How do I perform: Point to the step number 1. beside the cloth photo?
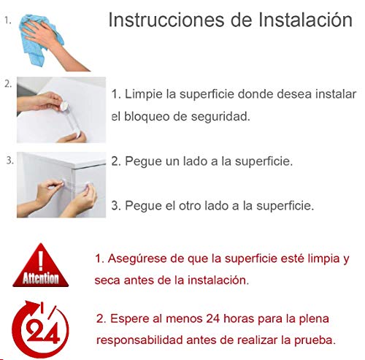tap(7, 23)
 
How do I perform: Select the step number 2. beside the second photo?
tap(8, 83)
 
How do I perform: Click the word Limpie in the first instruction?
tap(144, 95)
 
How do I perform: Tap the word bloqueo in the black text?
tap(150, 116)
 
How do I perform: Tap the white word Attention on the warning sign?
tap(40, 278)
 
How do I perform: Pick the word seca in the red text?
tap(108, 280)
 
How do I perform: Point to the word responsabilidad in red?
tap(141, 340)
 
